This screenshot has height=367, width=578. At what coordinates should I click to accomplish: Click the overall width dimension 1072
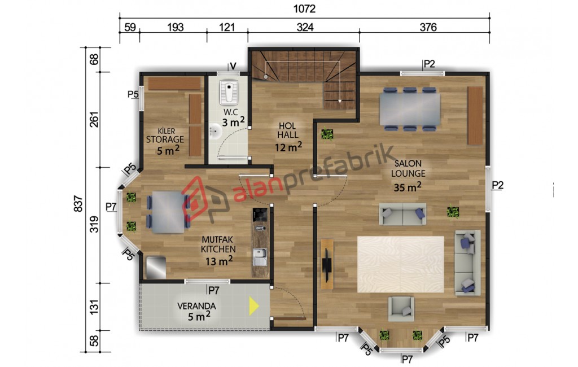(x=304, y=8)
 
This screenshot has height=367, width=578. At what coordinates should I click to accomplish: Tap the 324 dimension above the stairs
(x=305, y=27)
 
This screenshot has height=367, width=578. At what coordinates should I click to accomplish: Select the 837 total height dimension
(x=78, y=203)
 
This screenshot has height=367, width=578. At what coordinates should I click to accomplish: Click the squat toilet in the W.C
(x=229, y=92)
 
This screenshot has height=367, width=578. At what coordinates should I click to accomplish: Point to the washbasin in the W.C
(x=216, y=131)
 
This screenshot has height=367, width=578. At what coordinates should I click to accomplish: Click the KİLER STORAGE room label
(x=165, y=136)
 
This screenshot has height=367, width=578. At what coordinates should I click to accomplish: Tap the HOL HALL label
(x=287, y=130)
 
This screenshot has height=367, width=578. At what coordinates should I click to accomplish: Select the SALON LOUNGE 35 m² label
(x=408, y=176)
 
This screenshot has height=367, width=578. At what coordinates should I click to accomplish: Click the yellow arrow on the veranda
(x=253, y=306)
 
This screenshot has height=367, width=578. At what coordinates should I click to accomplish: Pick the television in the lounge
(x=327, y=264)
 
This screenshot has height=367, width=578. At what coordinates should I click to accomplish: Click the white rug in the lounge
(x=401, y=264)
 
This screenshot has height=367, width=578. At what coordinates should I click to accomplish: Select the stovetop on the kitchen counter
(x=260, y=215)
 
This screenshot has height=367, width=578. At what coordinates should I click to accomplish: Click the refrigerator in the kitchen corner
(x=156, y=268)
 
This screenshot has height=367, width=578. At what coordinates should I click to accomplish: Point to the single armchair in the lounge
(x=401, y=308)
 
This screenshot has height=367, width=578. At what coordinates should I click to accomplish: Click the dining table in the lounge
(x=410, y=109)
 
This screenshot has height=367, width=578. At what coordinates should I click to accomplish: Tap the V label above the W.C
(x=233, y=66)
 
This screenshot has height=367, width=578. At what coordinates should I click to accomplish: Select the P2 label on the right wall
(x=498, y=185)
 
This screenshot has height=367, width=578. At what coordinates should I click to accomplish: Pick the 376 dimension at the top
(x=428, y=27)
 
